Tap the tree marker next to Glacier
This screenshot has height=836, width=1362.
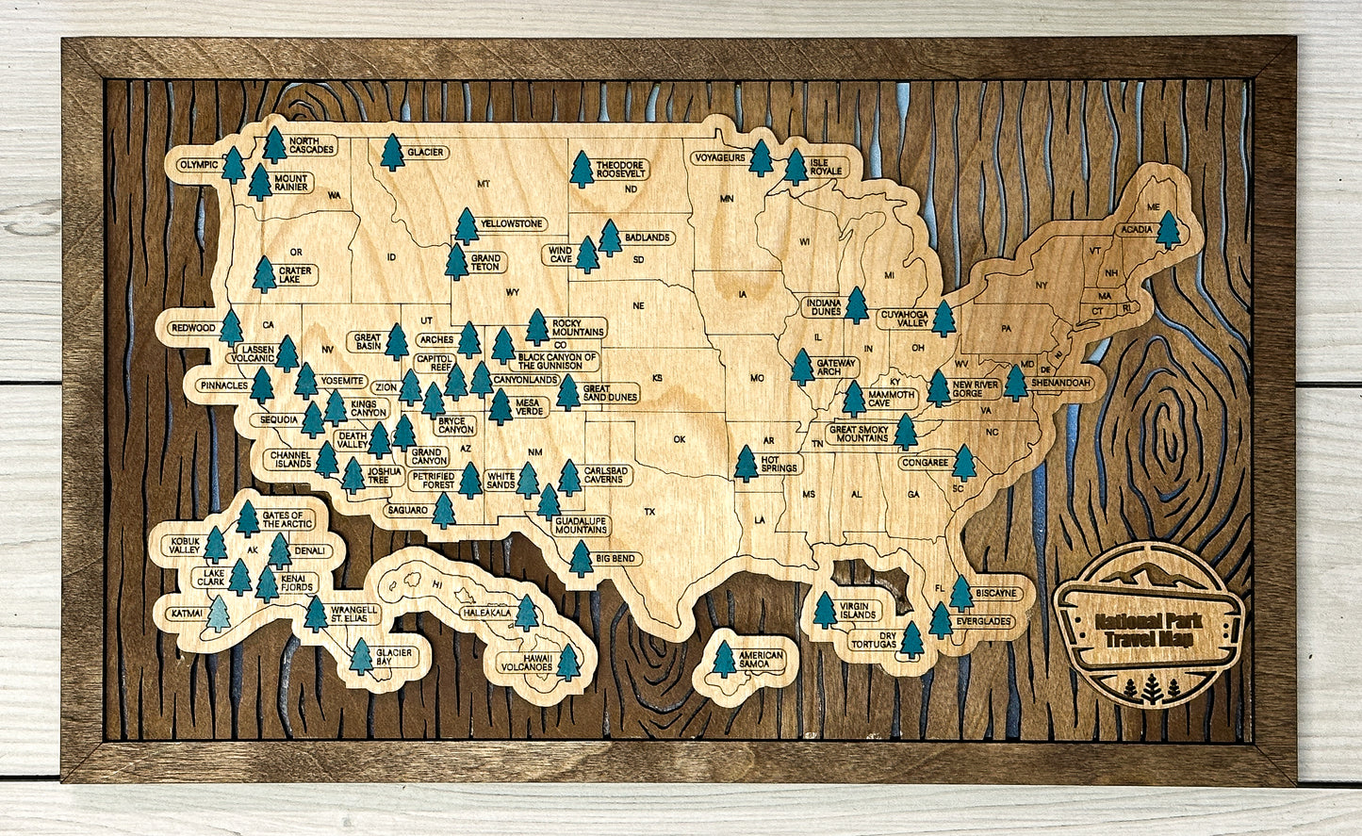pyautogui.click(x=392, y=153)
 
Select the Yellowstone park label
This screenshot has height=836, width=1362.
pyautogui.click(x=511, y=224)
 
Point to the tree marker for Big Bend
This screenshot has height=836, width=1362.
pyautogui.click(x=581, y=559)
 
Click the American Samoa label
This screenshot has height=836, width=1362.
pyautogui.click(x=762, y=660)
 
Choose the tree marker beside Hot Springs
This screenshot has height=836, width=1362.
pyautogui.click(x=746, y=464)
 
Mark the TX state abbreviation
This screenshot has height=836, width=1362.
pyautogui.click(x=649, y=512)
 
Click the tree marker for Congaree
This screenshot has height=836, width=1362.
pyautogui.click(x=963, y=462)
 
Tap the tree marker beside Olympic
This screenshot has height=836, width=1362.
pyautogui.click(x=233, y=166)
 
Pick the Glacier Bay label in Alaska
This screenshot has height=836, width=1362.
pyautogui.click(x=395, y=657)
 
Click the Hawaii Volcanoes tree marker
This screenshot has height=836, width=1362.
pyautogui.click(x=567, y=661)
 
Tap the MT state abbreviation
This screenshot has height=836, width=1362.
pyautogui.click(x=484, y=184)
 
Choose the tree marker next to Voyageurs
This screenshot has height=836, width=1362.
pyautogui.click(x=761, y=159)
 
